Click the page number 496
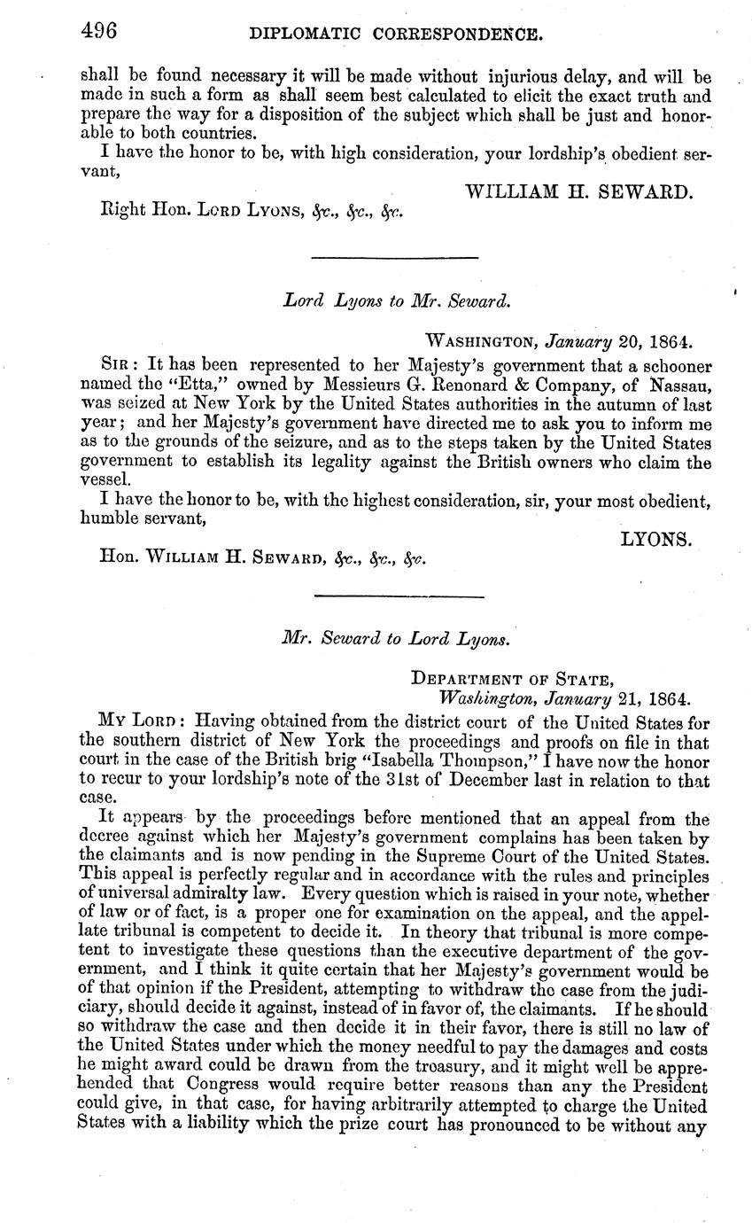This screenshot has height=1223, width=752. point(98,32)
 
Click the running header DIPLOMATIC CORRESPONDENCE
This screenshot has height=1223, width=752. point(395,35)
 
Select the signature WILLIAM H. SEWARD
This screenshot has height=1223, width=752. point(578,191)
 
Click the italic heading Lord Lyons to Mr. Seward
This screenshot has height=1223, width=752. point(396,300)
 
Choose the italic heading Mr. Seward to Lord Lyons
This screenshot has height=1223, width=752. point(396,637)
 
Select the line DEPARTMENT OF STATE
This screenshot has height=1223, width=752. point(512,680)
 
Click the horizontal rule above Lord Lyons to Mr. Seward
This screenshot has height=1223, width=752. point(395,257)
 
